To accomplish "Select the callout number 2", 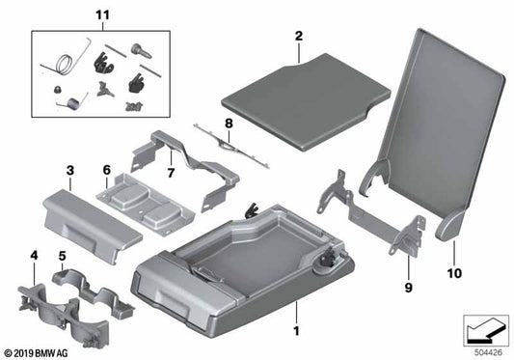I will tap(299, 37).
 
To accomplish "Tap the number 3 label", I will tap(69, 171).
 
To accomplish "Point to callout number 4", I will tap(35, 256).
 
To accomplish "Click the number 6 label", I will tap(107, 171).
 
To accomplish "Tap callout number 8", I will tap(229, 124).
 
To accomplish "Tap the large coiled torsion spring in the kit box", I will tap(64, 67).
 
